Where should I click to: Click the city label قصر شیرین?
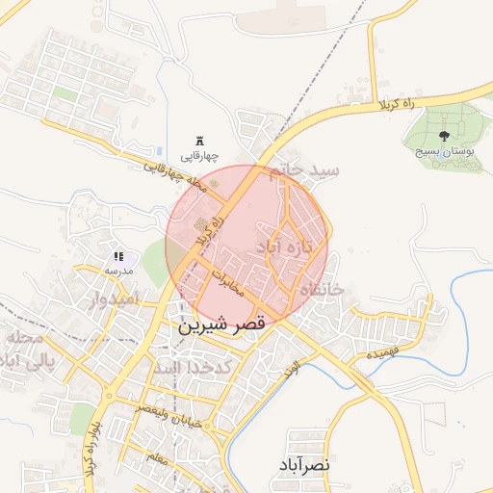(221, 326)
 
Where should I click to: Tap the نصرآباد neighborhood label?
(307, 464)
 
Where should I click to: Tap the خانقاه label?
(321, 289)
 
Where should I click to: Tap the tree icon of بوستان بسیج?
(444, 136)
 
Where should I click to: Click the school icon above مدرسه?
(118, 257)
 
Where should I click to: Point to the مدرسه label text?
(117, 272)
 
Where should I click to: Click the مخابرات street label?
(232, 283)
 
